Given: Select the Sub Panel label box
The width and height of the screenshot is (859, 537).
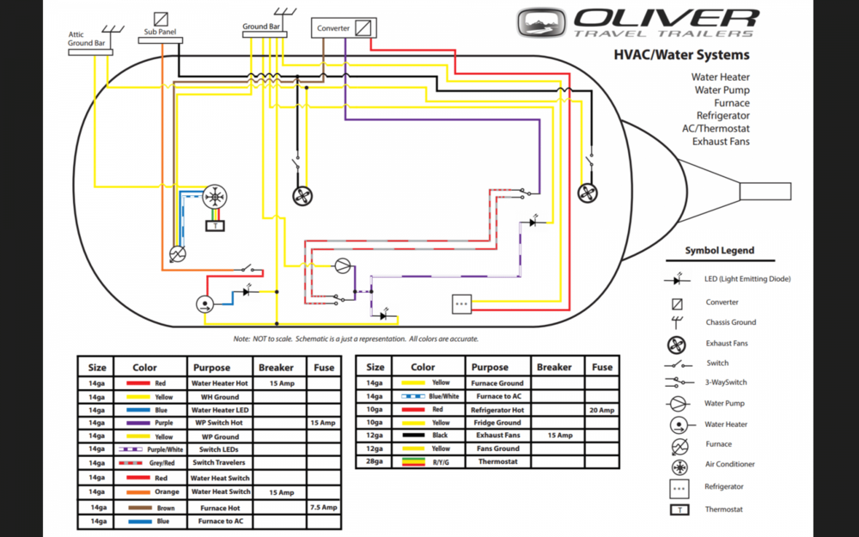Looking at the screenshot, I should tap(160, 33).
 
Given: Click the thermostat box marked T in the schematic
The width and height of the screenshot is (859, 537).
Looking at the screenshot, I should tap(213, 226).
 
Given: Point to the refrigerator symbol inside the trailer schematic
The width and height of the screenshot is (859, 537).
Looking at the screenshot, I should tap(461, 303).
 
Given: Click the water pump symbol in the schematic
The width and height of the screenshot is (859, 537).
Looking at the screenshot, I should tap(343, 265).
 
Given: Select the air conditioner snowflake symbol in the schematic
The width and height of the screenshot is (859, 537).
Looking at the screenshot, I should tap(213, 197).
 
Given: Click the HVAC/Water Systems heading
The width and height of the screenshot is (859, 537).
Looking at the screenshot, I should tap(681, 55).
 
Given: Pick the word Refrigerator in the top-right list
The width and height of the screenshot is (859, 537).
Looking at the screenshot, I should tap(722, 115).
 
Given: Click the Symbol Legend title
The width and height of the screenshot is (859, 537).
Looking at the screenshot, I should tap(719, 251).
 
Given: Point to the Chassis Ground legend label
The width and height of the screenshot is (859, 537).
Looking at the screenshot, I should tap(731, 322).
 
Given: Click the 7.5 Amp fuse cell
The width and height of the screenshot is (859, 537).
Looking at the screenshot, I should tap(324, 508).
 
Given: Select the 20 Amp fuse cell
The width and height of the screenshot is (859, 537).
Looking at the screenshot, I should tap(602, 411).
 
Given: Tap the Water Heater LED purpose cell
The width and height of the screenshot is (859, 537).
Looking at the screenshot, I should tap(219, 411).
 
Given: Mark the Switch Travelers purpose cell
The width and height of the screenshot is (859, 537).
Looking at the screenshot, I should tap(219, 463).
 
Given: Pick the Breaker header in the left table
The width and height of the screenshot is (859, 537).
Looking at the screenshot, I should tap(276, 367).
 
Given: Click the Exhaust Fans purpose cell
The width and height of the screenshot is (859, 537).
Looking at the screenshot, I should tap(497, 436).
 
